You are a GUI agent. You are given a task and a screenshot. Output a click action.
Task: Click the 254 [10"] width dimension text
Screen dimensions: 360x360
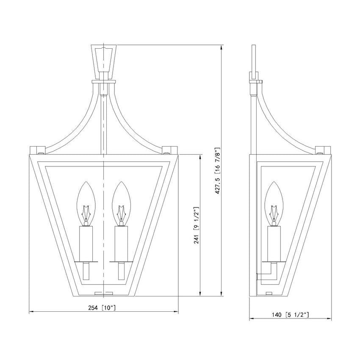point(102,308)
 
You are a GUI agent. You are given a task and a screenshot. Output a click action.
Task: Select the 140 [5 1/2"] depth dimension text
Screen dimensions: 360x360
point(291,315)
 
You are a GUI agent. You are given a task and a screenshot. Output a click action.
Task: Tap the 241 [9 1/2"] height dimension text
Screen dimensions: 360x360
point(196,225)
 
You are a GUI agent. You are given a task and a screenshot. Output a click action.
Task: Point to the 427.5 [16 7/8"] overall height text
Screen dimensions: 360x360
point(218,171)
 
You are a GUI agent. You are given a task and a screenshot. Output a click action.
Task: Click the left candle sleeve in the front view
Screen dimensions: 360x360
point(86,244)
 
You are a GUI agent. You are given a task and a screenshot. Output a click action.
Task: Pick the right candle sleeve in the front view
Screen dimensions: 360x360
point(121,244)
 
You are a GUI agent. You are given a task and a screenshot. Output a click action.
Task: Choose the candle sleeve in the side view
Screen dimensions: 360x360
point(274,244)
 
